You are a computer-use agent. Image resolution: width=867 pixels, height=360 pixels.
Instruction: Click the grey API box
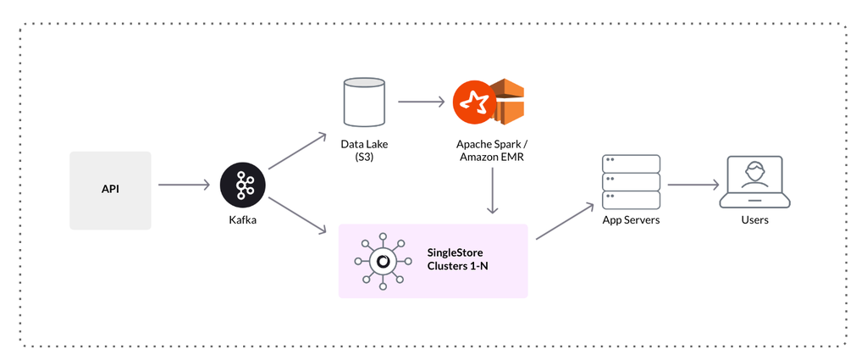(110, 191)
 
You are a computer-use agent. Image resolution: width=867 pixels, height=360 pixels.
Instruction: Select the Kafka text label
(243, 220)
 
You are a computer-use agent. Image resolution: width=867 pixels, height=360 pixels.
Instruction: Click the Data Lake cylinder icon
(364, 102)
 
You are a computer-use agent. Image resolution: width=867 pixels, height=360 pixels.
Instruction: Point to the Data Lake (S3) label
(364, 150)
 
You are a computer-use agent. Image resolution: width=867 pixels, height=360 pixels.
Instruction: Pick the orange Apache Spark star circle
(474, 102)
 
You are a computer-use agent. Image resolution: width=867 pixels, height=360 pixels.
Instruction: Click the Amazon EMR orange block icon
(508, 102)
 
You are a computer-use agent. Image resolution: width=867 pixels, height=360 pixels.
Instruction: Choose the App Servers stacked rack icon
(631, 181)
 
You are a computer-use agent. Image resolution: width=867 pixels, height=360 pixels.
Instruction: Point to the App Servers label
(631, 220)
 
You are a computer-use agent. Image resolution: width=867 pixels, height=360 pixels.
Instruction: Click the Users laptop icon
(754, 181)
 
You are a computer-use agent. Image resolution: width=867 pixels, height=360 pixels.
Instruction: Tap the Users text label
(754, 220)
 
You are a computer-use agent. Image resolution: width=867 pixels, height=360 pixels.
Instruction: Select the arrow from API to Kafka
(185, 186)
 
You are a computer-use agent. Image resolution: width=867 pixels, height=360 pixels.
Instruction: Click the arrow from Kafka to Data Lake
(296, 151)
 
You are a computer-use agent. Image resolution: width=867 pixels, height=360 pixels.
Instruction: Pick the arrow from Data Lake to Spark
(422, 102)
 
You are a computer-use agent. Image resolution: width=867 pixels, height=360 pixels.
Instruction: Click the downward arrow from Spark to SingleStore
(492, 191)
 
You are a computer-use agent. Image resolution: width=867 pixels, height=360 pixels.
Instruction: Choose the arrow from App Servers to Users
(693, 185)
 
